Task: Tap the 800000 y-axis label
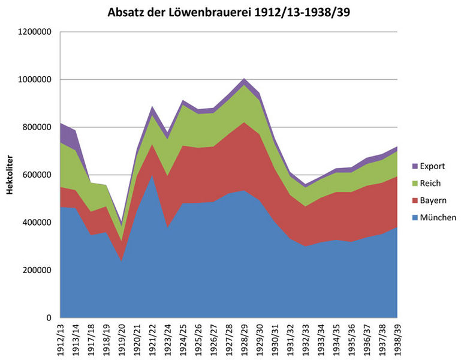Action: click(38, 127)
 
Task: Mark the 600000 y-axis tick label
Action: click(38, 175)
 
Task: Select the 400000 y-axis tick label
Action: click(38, 223)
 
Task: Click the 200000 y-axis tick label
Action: click(38, 270)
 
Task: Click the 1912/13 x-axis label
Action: click(61, 340)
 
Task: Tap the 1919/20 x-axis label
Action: click(122, 340)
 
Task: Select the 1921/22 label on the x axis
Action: click(153, 340)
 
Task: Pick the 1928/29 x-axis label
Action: click(243, 340)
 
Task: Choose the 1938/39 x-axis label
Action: click(397, 340)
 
